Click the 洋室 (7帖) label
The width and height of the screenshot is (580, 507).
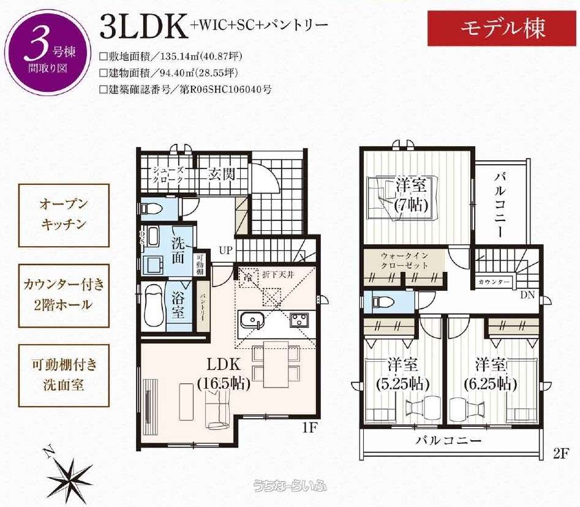click(410, 193)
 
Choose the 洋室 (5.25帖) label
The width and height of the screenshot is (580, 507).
click(402, 374)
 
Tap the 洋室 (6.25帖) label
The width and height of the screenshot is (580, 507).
click(491, 374)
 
